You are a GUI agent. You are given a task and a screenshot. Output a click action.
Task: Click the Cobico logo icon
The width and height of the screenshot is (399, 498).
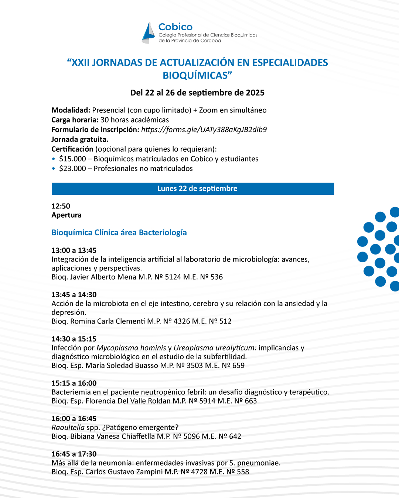tap(149, 33)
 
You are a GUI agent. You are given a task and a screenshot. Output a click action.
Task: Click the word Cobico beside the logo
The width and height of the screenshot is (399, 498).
tap(175, 27)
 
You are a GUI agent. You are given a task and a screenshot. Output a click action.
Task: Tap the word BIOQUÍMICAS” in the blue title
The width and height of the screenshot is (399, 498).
tap(197, 75)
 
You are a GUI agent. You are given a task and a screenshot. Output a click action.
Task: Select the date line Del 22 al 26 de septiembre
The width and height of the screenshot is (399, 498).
tap(197, 93)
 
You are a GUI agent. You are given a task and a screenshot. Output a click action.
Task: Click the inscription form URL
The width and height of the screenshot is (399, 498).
tap(204, 129)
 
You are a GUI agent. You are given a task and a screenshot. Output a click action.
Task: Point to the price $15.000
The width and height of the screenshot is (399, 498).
tap(72, 159)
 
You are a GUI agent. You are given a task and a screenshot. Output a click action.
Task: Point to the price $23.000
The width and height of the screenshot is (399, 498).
tap(72, 168)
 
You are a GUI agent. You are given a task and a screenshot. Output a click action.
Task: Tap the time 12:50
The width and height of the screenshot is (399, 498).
tap(61, 206)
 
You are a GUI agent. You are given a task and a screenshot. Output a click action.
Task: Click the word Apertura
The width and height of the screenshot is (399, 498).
tap(66, 215)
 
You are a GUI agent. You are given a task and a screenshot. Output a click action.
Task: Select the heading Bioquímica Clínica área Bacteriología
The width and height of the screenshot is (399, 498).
tap(119, 232)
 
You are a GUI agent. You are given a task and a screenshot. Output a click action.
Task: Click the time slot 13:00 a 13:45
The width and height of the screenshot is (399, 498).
tap(74, 250)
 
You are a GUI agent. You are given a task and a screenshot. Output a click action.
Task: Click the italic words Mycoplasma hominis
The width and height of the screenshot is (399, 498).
tap(131, 348)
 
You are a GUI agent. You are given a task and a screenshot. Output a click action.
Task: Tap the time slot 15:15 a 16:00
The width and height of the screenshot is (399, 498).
tap(74, 383)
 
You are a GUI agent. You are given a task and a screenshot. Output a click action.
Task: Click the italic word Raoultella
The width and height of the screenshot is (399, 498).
tap(68, 428)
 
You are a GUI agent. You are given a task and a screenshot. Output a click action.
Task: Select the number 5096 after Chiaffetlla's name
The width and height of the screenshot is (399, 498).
tap(191, 436)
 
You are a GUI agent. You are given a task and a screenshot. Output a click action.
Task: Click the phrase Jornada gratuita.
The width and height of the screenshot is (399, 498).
tap(80, 139)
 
